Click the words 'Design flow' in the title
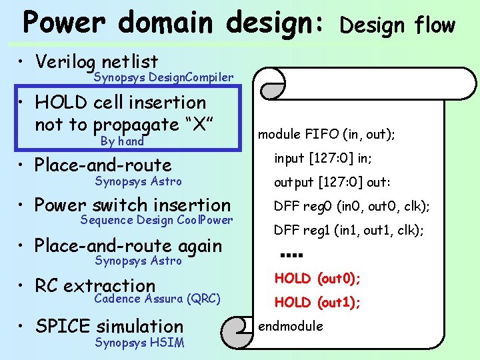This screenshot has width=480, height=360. [x=397, y=25]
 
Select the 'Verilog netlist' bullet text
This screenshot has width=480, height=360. [x=97, y=62]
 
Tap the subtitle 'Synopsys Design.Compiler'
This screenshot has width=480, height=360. [x=163, y=78]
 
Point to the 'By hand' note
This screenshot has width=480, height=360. [x=122, y=141]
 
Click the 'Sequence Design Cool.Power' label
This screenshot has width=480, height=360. [x=157, y=220]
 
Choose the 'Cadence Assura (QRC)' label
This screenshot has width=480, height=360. [x=157, y=299]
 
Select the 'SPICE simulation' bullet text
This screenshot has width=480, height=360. [x=109, y=326]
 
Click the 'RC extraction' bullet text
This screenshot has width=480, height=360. [x=95, y=285]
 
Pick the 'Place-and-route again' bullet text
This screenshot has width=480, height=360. [x=128, y=245]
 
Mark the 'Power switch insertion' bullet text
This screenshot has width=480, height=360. [x=133, y=205]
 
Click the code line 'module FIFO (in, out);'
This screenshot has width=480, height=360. [x=327, y=135]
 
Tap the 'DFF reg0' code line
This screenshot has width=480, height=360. [x=351, y=207]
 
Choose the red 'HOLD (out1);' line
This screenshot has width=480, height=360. [x=317, y=303]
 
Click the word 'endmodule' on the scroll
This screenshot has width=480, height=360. [x=291, y=326]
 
